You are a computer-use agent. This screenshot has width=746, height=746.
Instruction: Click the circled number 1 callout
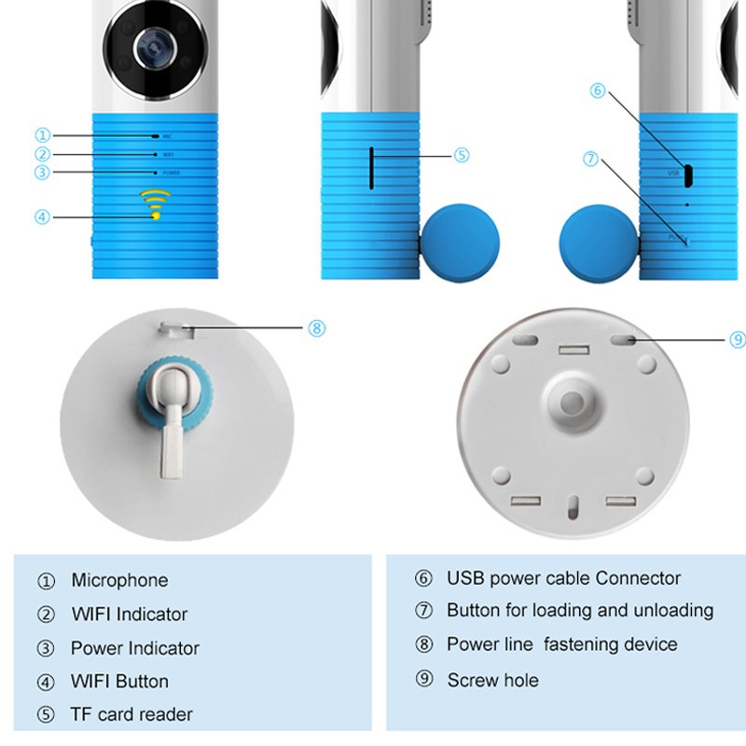coord(42,135)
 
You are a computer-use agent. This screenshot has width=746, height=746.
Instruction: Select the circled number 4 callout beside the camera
coord(42,217)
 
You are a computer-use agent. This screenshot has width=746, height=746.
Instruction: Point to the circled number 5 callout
coord(462,156)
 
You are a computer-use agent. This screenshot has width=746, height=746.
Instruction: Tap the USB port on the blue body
coord(686,173)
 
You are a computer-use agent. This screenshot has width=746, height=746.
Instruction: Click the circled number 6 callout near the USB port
coord(599,90)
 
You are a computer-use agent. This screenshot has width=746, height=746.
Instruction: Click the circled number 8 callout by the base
coord(316,327)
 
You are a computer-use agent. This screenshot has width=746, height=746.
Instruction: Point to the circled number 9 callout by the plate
coord(737,339)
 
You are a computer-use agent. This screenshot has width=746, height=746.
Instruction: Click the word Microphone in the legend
coord(119,580)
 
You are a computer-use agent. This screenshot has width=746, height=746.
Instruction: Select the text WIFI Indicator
coord(129,614)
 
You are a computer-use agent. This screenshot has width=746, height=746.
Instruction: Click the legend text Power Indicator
coord(134,648)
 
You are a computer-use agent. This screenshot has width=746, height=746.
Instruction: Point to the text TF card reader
coord(131,714)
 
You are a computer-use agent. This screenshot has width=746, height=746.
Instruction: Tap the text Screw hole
coord(492,680)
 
